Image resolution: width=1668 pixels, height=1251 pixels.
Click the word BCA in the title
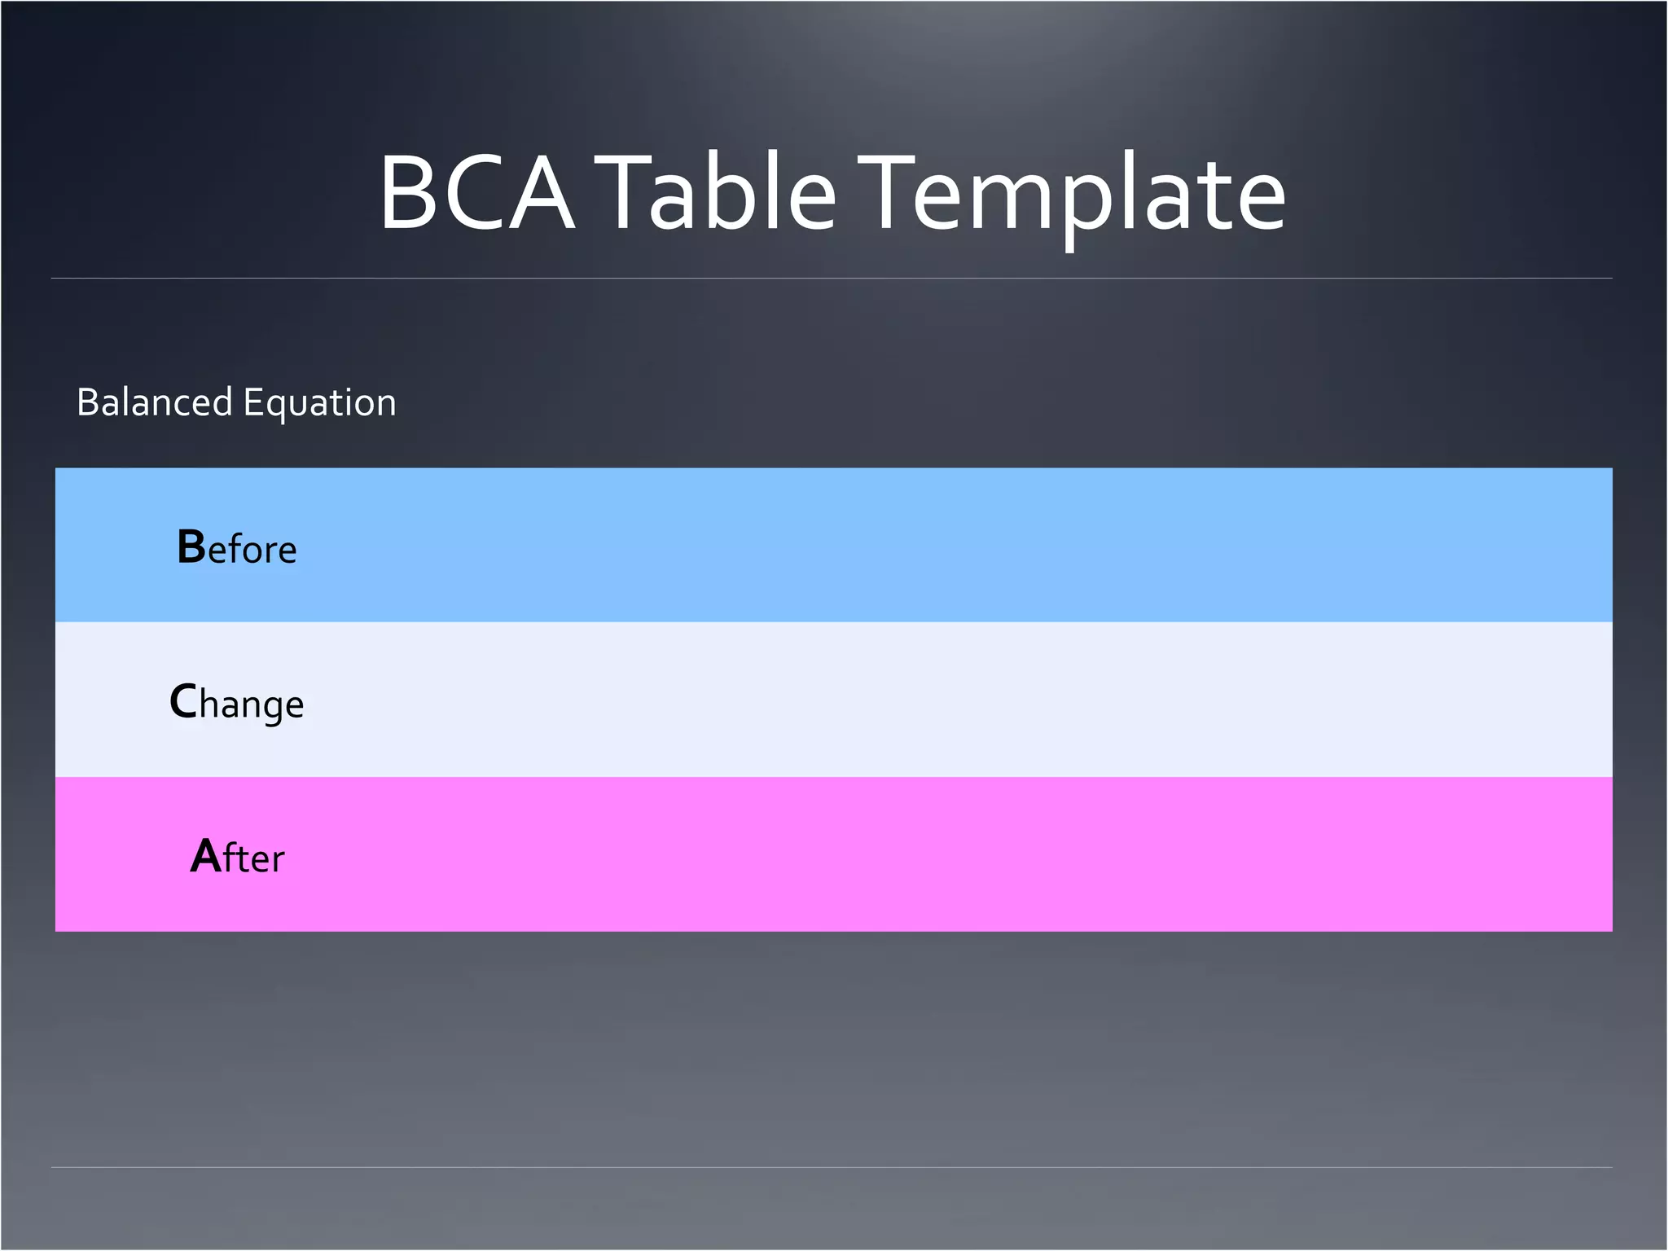coord(477,194)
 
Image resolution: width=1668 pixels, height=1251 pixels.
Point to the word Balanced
coord(155,402)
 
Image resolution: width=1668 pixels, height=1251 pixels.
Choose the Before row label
coord(237,547)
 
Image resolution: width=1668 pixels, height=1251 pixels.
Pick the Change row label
coord(237,703)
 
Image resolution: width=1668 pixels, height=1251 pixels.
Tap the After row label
coord(237,857)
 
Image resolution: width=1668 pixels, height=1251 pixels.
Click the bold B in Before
coord(191,546)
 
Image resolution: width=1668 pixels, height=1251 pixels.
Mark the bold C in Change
coord(183,701)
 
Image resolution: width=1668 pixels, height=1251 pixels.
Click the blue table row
coord(896,545)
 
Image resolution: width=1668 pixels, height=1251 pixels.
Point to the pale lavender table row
coord(896,700)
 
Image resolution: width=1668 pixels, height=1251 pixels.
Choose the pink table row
coord(896,854)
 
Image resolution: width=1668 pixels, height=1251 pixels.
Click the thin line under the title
coord(831,279)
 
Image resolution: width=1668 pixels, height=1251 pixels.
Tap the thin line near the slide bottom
coord(831,1167)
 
